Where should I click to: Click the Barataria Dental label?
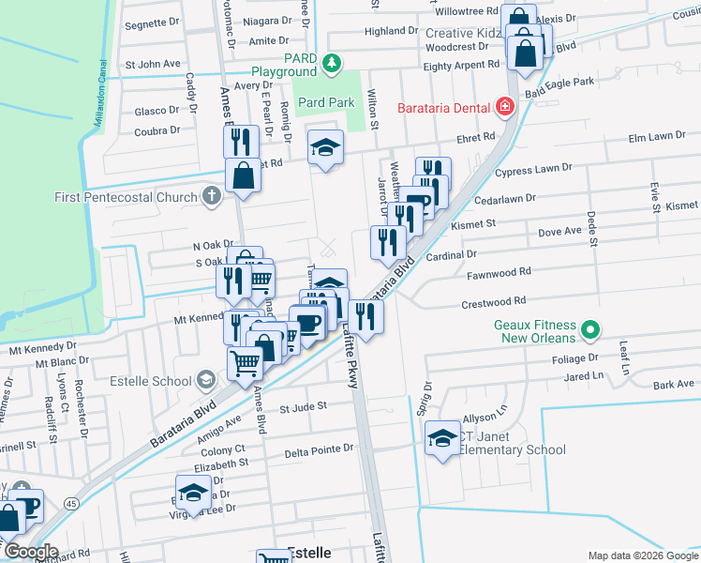[x=444, y=107]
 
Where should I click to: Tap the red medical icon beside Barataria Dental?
[x=504, y=107]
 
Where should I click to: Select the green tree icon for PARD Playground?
[x=330, y=64]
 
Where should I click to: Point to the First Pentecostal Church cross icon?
[x=212, y=197]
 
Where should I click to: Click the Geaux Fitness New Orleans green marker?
[x=589, y=329]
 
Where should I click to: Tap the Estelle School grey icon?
[x=205, y=381]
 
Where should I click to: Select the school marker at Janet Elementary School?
[x=442, y=439]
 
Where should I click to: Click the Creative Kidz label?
[x=462, y=33]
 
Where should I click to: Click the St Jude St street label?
[x=303, y=406]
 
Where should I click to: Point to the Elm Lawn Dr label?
[x=657, y=137]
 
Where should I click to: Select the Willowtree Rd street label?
[x=466, y=11]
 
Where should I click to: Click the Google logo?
[x=30, y=552]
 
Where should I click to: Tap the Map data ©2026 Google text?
[x=642, y=555]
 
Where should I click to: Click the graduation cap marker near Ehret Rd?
[x=326, y=147]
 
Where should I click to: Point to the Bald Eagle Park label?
[x=559, y=83]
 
